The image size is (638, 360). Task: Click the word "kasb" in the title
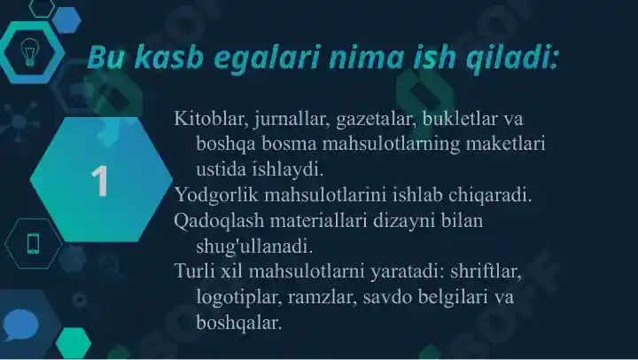click(x=155, y=59)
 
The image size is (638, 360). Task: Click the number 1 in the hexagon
click(x=100, y=181)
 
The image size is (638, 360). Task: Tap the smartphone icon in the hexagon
click(x=34, y=242)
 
